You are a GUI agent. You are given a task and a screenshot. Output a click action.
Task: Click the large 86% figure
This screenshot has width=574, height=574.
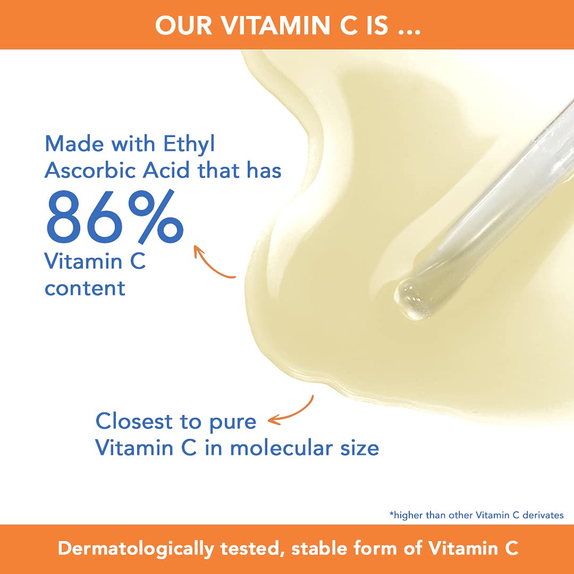click(x=114, y=216)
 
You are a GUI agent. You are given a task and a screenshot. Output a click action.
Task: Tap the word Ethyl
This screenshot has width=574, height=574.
click(x=189, y=144)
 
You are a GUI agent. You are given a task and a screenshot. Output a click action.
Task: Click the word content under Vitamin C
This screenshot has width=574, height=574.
click(x=85, y=288)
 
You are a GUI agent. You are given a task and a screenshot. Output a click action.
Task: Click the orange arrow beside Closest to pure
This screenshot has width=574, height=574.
click(x=293, y=413)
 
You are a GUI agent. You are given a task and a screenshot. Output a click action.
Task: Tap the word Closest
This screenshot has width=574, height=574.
click(x=134, y=421)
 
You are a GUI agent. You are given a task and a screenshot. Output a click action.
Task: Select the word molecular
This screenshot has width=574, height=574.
click(x=282, y=448)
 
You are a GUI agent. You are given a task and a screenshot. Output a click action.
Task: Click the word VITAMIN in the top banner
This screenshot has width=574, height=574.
click(x=275, y=26)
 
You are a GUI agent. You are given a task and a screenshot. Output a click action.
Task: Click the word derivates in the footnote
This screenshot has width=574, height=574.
click(x=543, y=515)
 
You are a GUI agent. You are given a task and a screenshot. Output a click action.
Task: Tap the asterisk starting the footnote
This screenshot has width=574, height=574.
click(x=391, y=513)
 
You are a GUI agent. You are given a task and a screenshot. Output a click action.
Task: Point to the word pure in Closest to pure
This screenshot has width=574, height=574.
click(x=233, y=423)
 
